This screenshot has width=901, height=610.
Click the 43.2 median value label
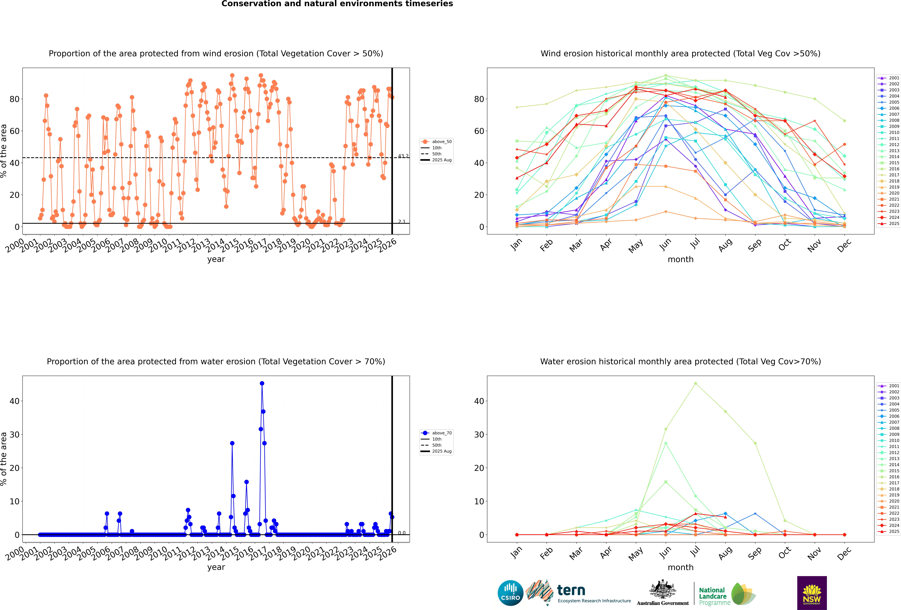403,156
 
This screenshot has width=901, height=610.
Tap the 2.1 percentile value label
402,222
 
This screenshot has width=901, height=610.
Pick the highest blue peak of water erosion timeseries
262,383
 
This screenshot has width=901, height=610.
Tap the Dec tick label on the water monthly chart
844,553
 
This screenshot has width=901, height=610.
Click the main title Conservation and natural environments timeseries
337,4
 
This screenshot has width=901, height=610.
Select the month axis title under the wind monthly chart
680,260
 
